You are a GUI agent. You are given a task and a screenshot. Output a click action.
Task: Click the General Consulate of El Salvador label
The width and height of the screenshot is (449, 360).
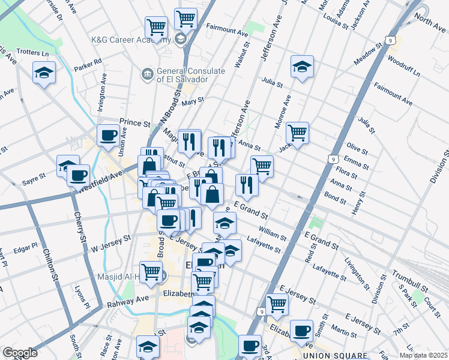[x=182, y=75]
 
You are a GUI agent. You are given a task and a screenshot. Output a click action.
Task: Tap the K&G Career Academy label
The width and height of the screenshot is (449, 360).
[x=130, y=39]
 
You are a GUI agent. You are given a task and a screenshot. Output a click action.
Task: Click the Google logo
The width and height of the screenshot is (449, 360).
[x=19, y=353]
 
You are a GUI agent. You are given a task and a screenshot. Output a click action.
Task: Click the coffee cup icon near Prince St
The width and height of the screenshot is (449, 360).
[x=109, y=135]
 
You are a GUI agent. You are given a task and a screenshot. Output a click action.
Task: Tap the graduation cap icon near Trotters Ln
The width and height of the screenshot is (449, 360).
[x=44, y=73]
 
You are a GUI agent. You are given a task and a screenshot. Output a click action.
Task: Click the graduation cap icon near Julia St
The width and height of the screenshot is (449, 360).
[x=303, y=67]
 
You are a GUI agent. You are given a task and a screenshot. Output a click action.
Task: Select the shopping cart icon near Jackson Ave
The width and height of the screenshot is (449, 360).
[x=297, y=133]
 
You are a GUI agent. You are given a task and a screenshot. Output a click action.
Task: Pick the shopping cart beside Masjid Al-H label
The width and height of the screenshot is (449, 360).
[x=151, y=271]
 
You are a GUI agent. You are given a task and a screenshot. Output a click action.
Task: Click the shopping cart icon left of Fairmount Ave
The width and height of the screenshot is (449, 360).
[x=185, y=19]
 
